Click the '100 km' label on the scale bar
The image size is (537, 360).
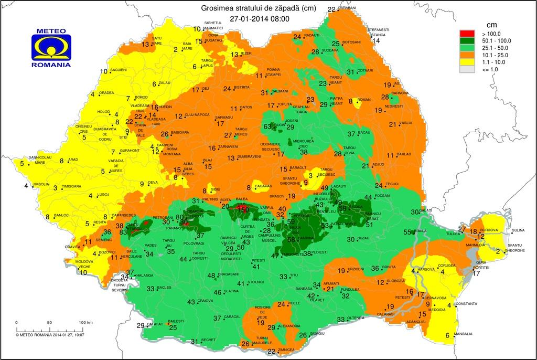(85, 322)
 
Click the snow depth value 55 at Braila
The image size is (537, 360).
(407, 232)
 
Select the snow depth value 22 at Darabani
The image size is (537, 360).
(331, 9)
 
